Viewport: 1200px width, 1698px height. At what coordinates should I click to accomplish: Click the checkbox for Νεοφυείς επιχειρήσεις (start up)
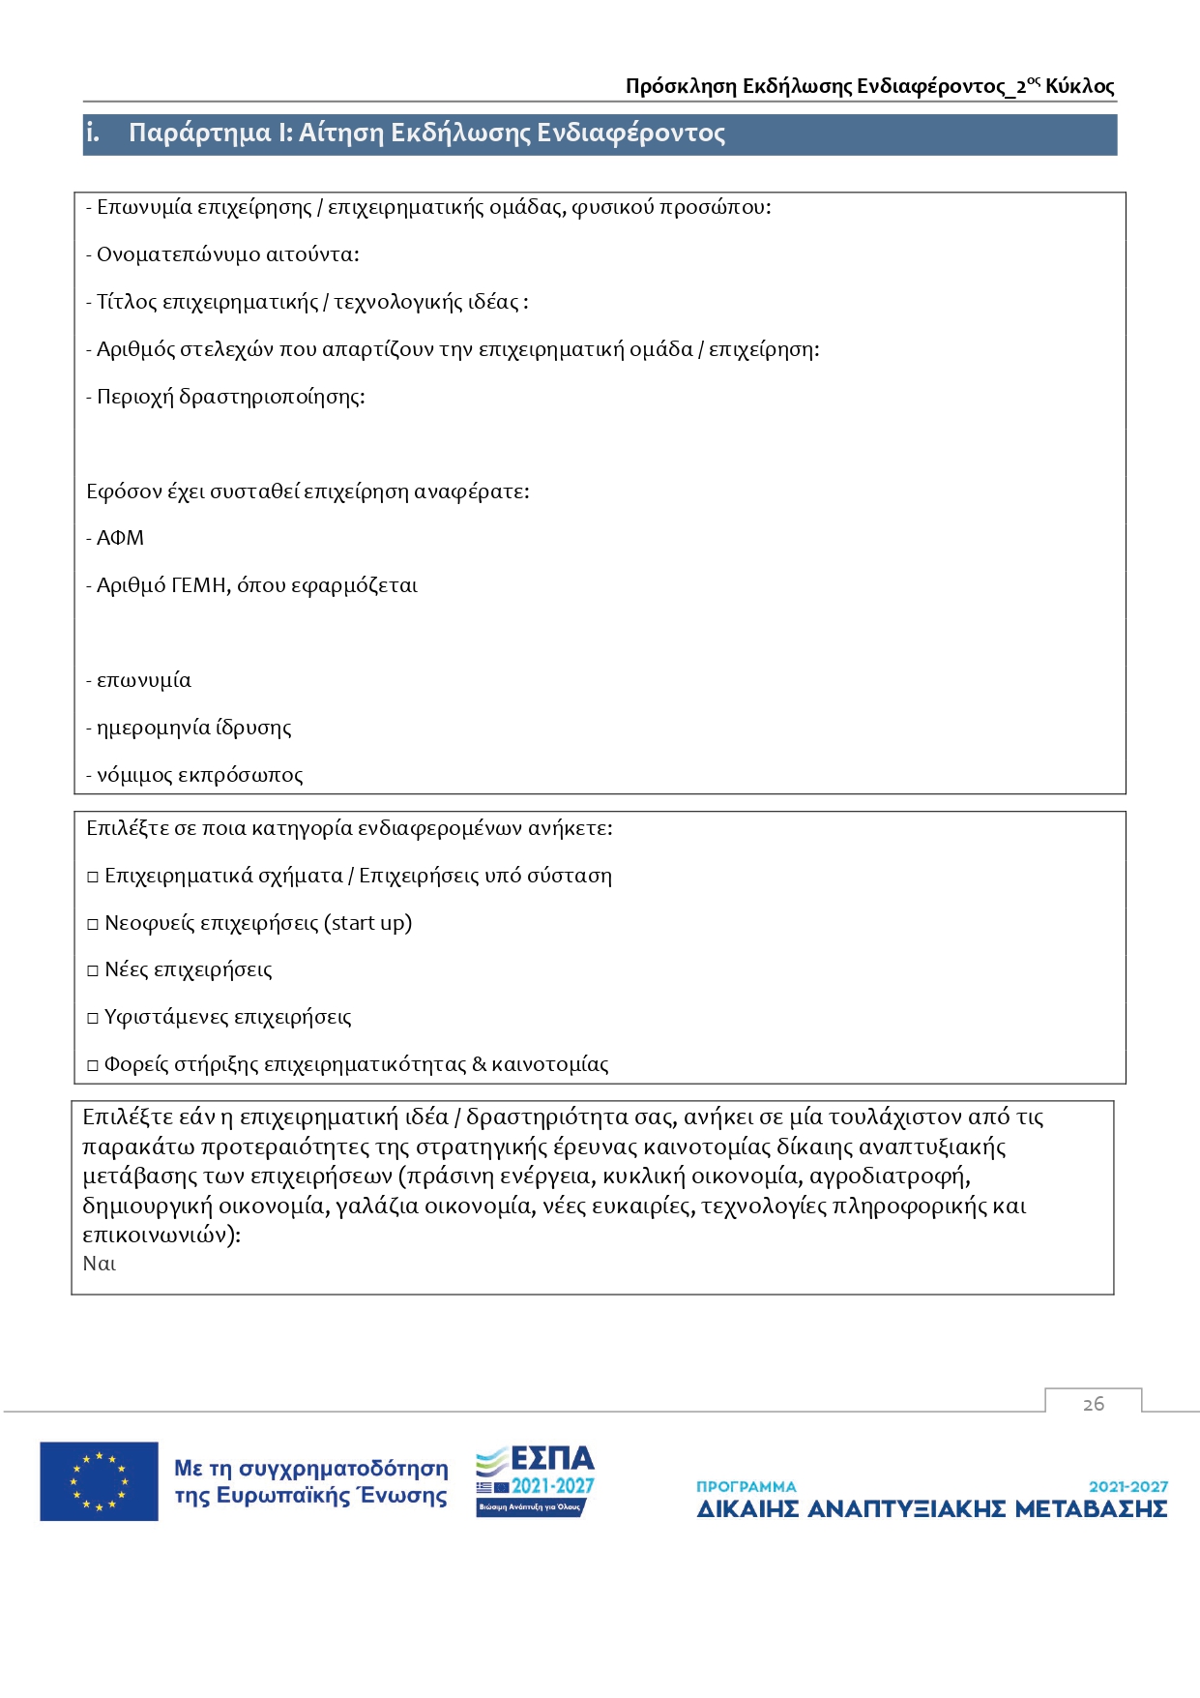click(93, 924)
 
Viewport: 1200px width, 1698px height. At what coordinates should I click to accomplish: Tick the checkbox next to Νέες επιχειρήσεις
click(93, 970)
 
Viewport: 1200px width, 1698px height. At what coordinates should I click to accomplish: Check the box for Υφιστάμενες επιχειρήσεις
click(93, 1018)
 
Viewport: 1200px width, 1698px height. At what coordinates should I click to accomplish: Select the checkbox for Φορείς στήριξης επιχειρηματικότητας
click(93, 1065)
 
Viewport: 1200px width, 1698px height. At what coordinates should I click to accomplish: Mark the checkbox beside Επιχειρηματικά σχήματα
click(93, 877)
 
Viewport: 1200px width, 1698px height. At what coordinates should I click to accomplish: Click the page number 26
click(1093, 1404)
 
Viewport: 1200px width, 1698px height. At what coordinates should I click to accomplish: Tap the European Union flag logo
click(99, 1481)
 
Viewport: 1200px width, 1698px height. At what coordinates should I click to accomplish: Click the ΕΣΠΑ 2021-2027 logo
click(535, 1481)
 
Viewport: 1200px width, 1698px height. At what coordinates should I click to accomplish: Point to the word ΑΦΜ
click(120, 538)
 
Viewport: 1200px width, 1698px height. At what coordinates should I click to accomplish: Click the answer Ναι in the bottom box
click(99, 1264)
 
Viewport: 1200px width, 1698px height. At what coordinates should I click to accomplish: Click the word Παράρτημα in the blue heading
click(200, 133)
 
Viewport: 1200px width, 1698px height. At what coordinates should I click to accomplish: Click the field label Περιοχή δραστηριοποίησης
click(230, 397)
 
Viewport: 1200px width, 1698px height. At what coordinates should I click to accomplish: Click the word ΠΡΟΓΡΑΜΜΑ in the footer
click(746, 1486)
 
